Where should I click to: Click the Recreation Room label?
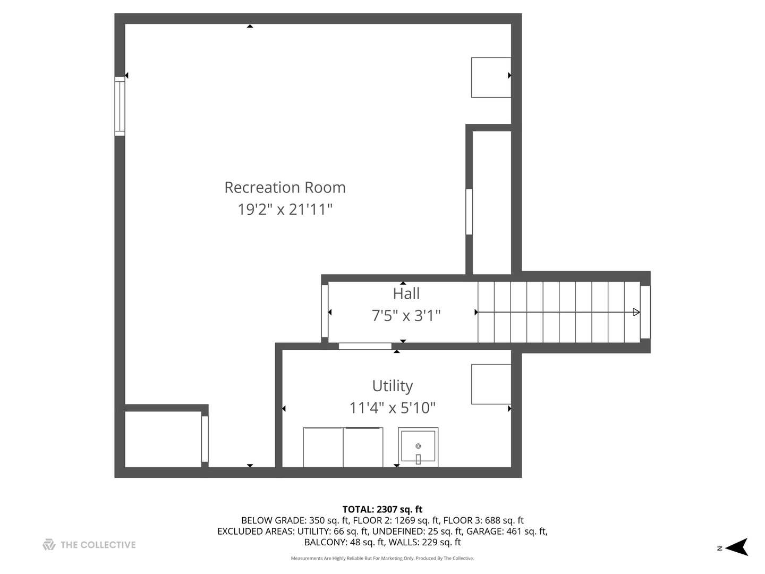click(285, 187)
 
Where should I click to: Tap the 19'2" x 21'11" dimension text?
click(285, 209)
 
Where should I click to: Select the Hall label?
click(406, 293)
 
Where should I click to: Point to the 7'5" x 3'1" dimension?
click(406, 316)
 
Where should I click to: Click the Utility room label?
click(392, 386)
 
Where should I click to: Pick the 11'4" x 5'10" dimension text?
click(392, 408)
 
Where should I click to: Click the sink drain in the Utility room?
click(418, 446)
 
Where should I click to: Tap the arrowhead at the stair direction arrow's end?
click(636, 313)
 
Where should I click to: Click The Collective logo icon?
click(49, 544)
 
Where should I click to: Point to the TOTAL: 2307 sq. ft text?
click(382, 510)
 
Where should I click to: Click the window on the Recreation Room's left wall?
click(120, 106)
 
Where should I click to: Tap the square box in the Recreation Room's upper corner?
click(491, 78)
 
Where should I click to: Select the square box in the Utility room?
click(491, 384)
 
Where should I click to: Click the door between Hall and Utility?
click(365, 347)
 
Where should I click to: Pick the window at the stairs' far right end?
click(645, 312)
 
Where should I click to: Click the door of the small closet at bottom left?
click(205, 439)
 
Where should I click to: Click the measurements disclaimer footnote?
click(382, 559)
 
